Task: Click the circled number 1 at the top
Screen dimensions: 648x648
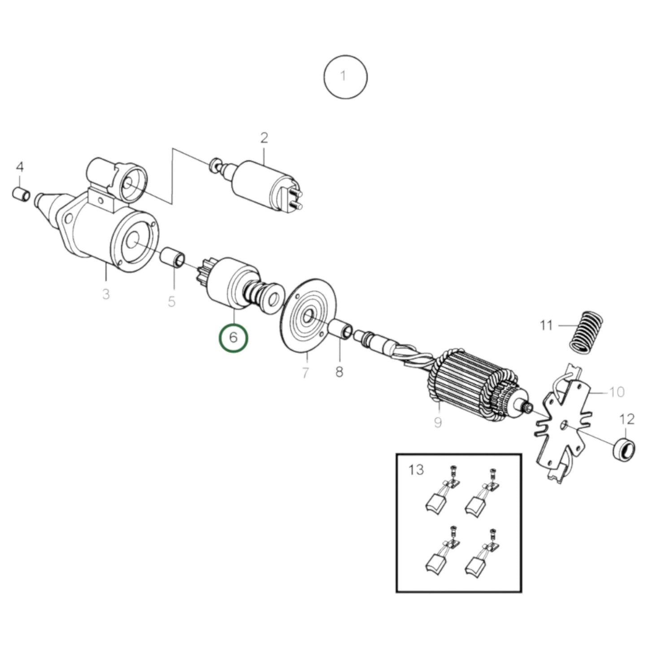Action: click(x=345, y=76)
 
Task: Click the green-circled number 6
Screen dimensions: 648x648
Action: click(x=233, y=337)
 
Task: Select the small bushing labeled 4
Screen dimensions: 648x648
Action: click(x=21, y=194)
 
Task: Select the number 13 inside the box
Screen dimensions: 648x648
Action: click(x=416, y=470)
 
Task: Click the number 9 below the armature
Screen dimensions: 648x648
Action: click(x=438, y=422)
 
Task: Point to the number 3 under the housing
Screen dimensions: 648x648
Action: click(x=105, y=294)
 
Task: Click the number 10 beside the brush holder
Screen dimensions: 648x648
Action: click(x=617, y=391)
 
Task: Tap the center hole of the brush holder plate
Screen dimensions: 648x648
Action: click(x=564, y=424)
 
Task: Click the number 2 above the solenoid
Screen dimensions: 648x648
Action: click(x=264, y=138)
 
